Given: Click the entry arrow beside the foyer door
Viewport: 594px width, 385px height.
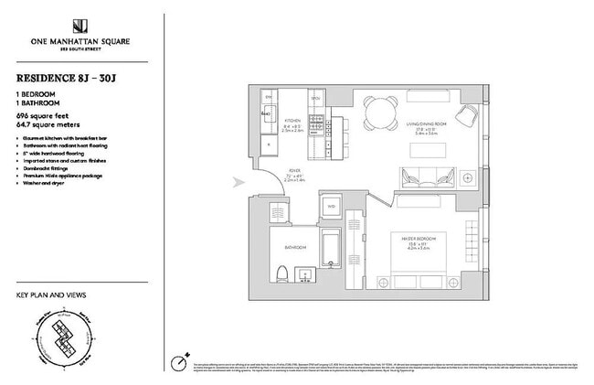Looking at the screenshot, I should [240, 182].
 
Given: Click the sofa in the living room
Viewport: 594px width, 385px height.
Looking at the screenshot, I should [426, 176].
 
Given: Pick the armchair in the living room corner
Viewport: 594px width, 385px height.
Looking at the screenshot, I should [467, 114].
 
